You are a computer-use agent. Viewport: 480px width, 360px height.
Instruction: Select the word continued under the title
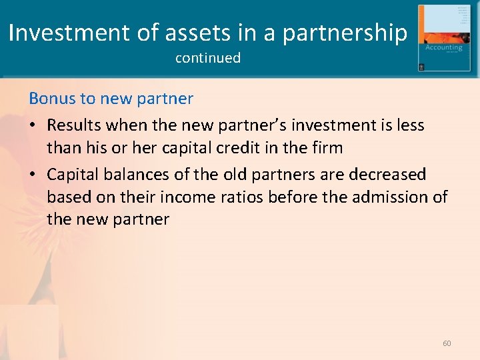[208, 58]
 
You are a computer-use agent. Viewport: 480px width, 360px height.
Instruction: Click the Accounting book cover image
[443, 38]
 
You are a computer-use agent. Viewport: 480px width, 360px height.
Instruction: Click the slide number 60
[447, 343]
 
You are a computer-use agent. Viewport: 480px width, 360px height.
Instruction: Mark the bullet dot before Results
[33, 125]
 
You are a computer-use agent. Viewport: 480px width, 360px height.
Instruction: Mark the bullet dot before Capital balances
[33, 175]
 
